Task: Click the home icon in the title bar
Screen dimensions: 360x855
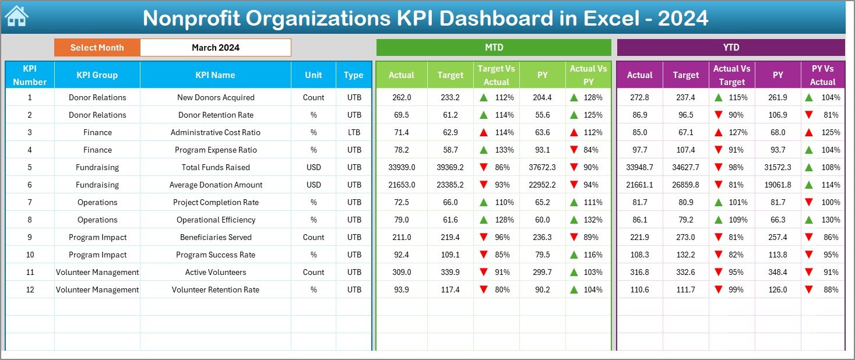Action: (x=16, y=17)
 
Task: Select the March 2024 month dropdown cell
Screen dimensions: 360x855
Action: (x=215, y=48)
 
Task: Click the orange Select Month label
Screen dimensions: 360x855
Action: (x=97, y=48)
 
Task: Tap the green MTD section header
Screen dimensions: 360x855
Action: (x=494, y=47)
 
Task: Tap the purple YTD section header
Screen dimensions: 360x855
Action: (x=730, y=47)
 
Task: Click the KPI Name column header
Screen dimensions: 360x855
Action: (x=215, y=75)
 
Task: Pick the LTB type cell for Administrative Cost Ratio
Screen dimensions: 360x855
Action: (x=353, y=132)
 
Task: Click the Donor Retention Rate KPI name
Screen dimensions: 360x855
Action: (x=216, y=115)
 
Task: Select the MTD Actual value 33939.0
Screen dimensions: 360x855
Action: (x=401, y=167)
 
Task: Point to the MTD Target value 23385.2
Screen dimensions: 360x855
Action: (x=450, y=185)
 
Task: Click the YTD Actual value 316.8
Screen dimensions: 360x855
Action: (x=639, y=272)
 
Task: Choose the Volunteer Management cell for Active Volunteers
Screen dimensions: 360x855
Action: (x=97, y=272)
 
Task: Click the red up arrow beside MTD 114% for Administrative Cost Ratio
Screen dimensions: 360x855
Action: (x=483, y=132)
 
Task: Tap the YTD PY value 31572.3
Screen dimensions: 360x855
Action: (x=777, y=167)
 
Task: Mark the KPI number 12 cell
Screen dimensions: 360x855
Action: (x=30, y=290)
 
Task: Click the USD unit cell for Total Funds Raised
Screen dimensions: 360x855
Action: (x=314, y=167)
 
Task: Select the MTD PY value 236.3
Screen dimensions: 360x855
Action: (x=542, y=237)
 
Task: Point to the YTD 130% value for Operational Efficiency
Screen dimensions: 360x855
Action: (x=831, y=220)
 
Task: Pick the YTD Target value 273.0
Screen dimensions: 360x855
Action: (x=685, y=237)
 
